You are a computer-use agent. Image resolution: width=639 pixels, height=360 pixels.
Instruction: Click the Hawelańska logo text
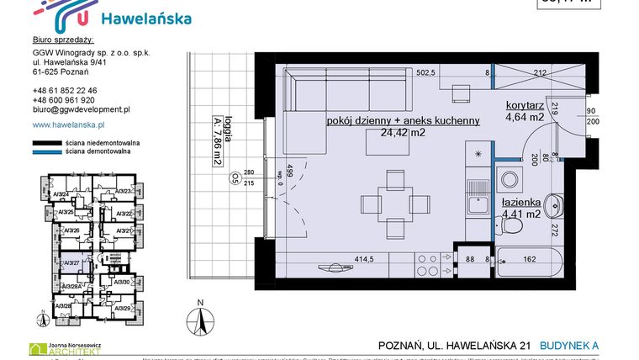click(x=145, y=19)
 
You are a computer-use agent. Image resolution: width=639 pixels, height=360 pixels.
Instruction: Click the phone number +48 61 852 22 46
click(x=65, y=90)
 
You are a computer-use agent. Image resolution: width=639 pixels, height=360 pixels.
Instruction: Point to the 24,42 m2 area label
click(x=404, y=132)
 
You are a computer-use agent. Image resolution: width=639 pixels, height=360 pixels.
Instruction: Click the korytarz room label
click(x=525, y=105)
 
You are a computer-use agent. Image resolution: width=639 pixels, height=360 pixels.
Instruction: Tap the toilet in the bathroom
click(x=556, y=204)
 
